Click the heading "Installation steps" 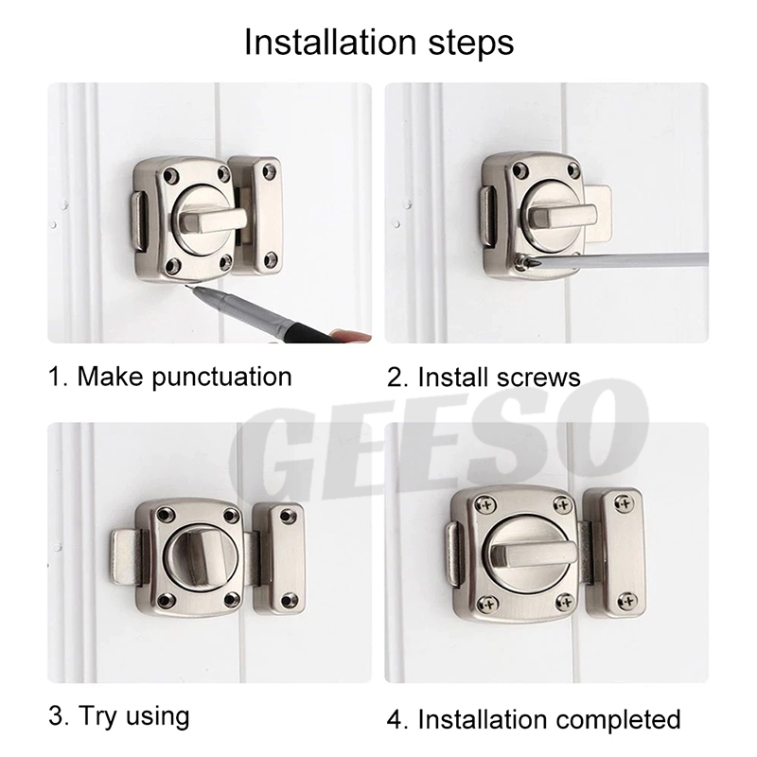click(x=379, y=43)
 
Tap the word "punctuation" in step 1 click(x=222, y=377)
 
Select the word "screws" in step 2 click(x=533, y=378)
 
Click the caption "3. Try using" click(x=119, y=717)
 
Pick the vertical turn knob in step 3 click(x=197, y=560)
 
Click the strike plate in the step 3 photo click(x=280, y=558)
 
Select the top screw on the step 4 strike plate click(x=623, y=504)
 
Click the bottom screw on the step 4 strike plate click(x=627, y=601)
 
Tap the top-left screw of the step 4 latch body click(x=486, y=505)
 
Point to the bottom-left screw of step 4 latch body click(x=488, y=604)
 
